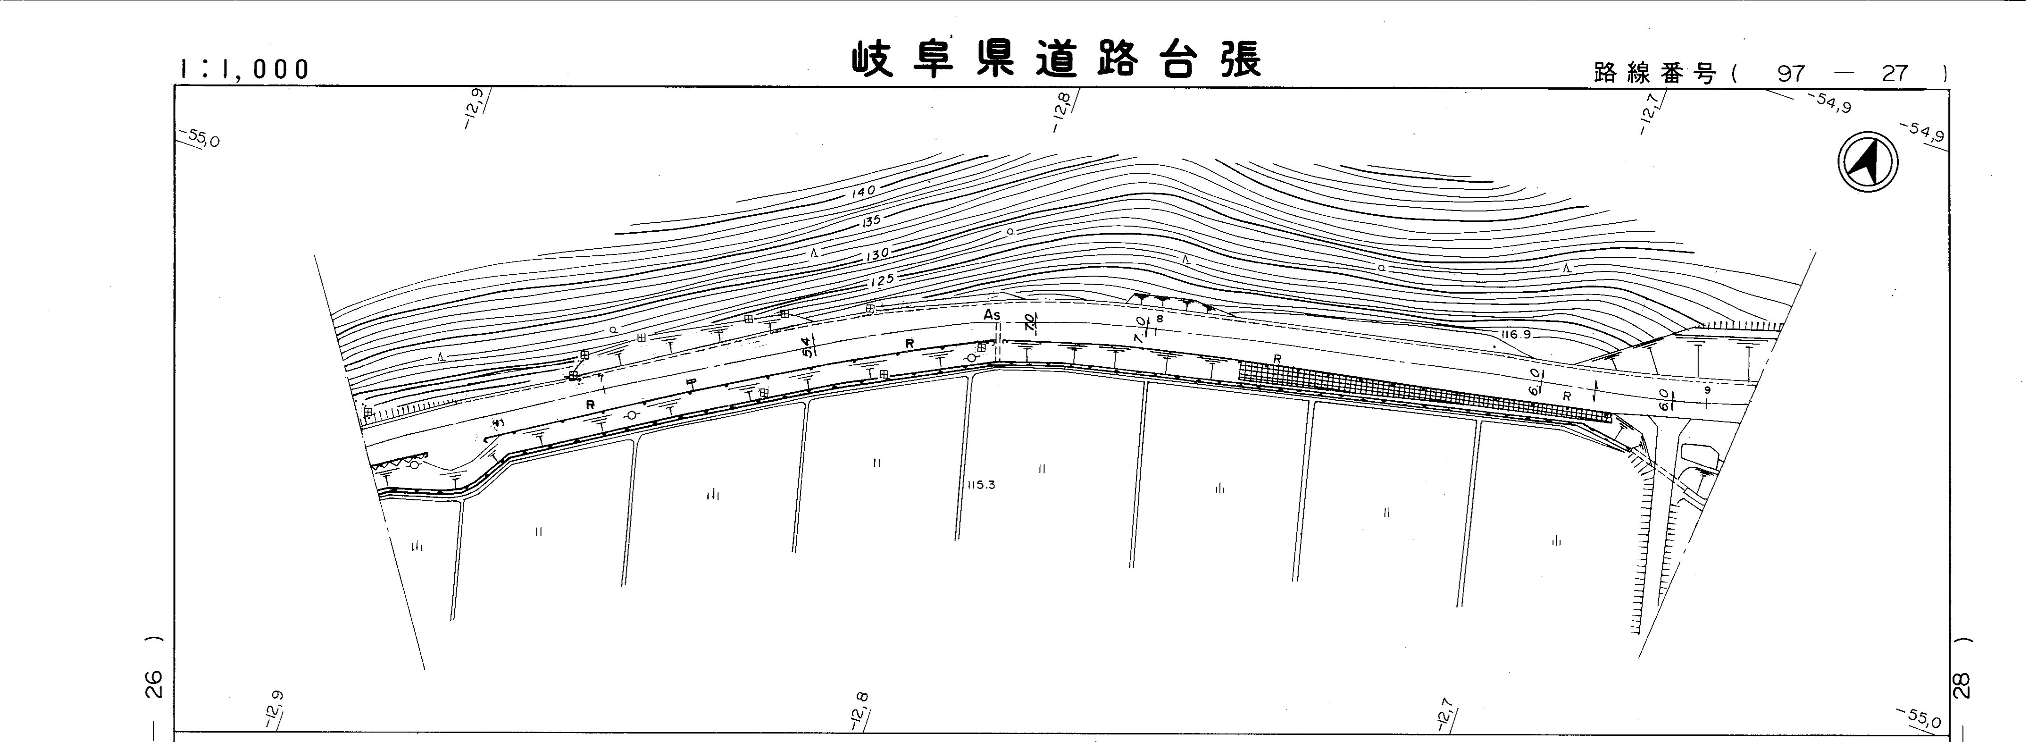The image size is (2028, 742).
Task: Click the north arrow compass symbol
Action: [1868, 163]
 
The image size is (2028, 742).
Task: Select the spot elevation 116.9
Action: [1516, 335]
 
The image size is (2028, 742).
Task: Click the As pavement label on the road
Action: [992, 315]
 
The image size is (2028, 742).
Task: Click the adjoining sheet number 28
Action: [1962, 684]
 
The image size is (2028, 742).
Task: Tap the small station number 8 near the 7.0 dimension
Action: [1159, 319]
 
